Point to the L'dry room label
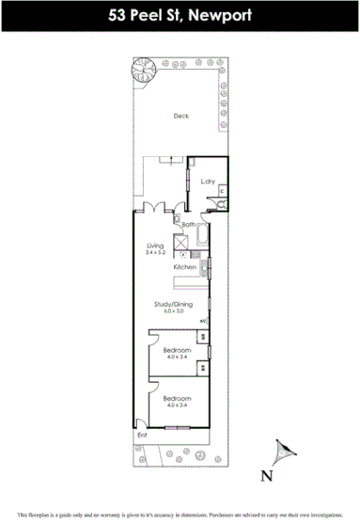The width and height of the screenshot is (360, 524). (x=208, y=182)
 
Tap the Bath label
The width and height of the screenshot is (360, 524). (x=188, y=225)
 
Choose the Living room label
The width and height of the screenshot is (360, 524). (x=155, y=246)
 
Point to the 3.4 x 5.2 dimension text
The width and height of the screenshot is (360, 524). (x=155, y=253)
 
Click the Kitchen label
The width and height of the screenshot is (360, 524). (x=184, y=268)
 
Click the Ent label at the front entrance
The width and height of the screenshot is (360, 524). (x=143, y=436)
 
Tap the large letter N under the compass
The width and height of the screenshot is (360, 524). (x=267, y=476)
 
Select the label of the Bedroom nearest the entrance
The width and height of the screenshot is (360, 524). (x=177, y=399)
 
